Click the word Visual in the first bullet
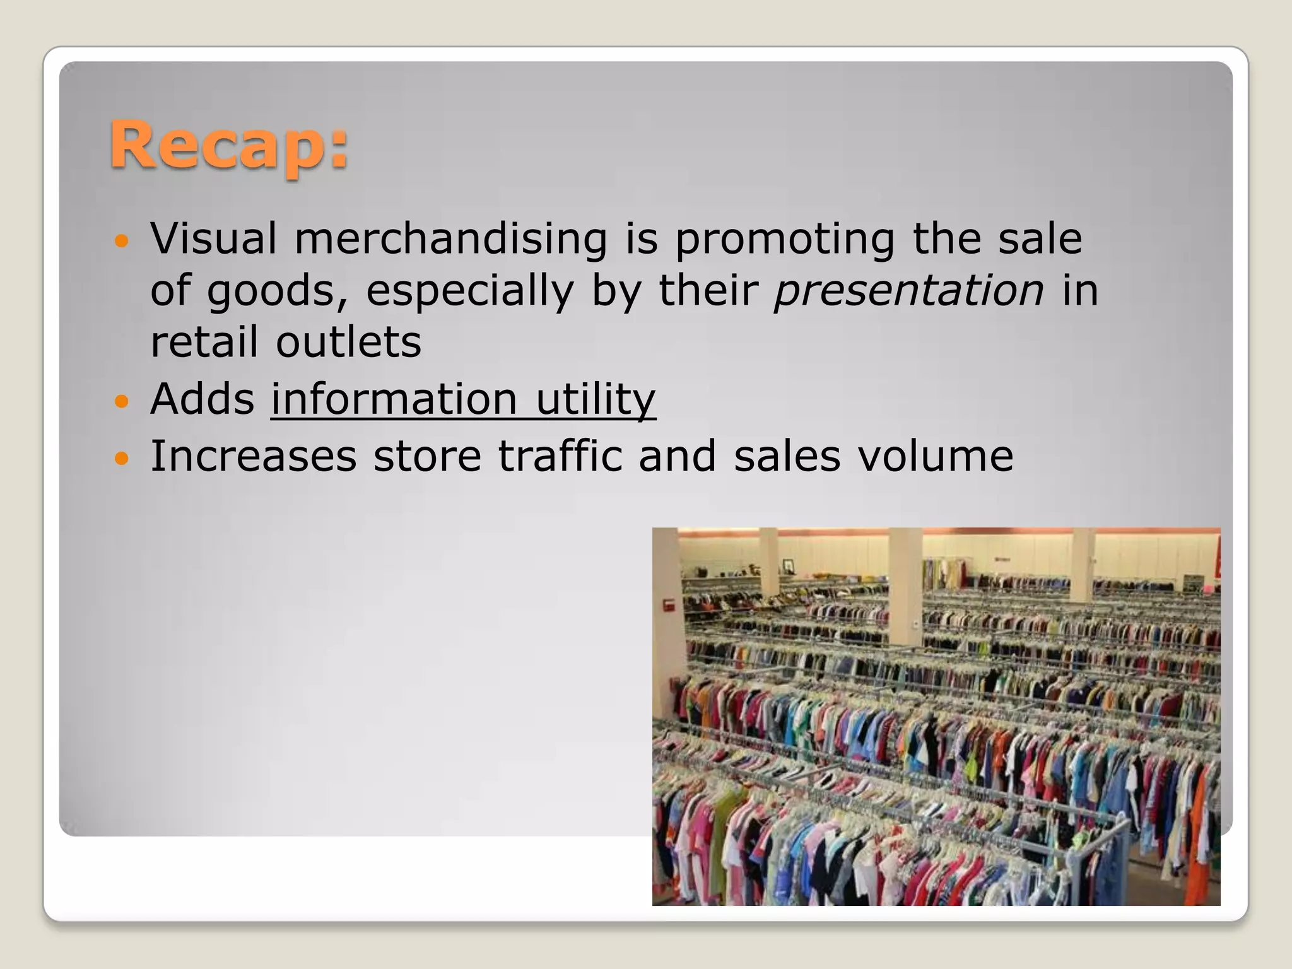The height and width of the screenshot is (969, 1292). [214, 239]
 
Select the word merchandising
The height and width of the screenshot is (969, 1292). [450, 239]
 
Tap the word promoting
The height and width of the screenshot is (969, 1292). [784, 240]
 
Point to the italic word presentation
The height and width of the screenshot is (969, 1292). [909, 291]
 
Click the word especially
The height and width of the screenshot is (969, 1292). [470, 292]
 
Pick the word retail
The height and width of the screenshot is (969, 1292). [204, 342]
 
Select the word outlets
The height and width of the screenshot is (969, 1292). [348, 342]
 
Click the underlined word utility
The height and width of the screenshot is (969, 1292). [596, 400]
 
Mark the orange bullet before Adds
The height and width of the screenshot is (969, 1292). [122, 401]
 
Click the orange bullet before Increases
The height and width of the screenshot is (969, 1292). [122, 457]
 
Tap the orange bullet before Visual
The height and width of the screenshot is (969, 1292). [122, 241]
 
